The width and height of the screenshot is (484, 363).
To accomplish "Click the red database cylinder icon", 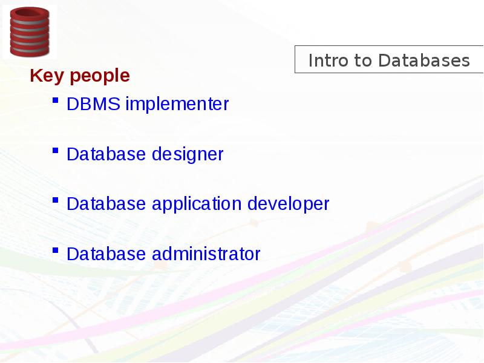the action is coord(30,32).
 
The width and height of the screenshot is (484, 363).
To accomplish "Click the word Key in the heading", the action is coord(47,76).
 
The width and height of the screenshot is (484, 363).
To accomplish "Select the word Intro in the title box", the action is coord(327,60).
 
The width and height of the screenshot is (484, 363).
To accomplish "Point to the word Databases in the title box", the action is coord(424,60).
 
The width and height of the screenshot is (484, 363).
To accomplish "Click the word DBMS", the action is coord(93,103).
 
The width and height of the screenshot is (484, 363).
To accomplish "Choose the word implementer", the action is coord(177,104).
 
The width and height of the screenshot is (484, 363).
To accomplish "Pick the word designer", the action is coord(188,155).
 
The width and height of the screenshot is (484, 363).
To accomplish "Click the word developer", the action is coord(289,204).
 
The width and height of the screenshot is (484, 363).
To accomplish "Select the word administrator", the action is coord(206,254).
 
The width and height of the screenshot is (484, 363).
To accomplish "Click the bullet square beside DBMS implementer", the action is coord(56,100).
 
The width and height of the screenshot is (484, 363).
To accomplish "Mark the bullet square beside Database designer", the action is coord(56,150).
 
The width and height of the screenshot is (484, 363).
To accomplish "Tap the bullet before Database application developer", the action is coord(56,200).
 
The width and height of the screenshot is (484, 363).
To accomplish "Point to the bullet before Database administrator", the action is coord(56,250).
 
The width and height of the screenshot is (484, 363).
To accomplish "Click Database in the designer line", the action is coord(106,154).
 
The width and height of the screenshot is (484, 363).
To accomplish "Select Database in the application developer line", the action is coord(106,204).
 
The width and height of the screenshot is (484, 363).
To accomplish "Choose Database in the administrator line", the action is coord(106,254).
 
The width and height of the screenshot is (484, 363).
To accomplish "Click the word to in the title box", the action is coord(362,60).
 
